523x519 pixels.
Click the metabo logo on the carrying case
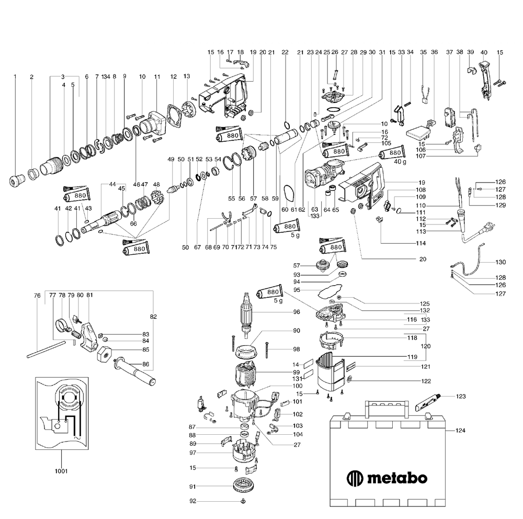pyautogui.click(x=387, y=477)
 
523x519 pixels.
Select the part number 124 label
pyautogui.click(x=460, y=431)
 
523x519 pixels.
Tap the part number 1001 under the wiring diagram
pyautogui.click(x=61, y=471)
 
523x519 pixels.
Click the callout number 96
pyautogui.click(x=296, y=312)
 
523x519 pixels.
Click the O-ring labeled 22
pyautogui.click(x=286, y=125)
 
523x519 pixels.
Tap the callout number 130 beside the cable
pyautogui.click(x=501, y=262)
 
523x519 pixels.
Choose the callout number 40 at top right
pyautogui.click(x=483, y=52)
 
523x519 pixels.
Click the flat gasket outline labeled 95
pyautogui.click(x=327, y=290)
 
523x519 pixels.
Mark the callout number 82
pyautogui.click(x=153, y=317)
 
